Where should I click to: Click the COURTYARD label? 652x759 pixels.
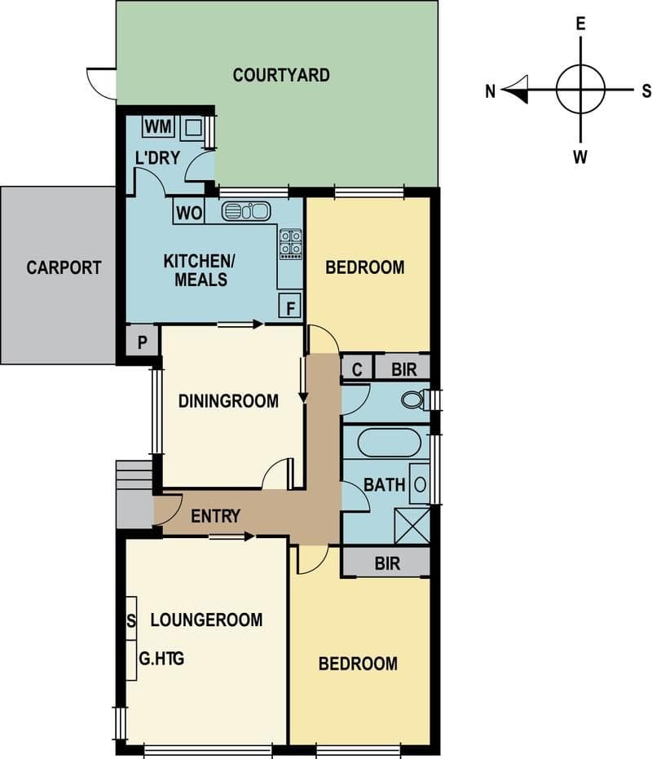pyautogui.click(x=281, y=75)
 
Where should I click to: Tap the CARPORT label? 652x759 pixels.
pyautogui.click(x=64, y=267)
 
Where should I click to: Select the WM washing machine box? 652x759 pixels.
pyautogui.click(x=158, y=127)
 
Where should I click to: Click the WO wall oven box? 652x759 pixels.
pyautogui.click(x=189, y=213)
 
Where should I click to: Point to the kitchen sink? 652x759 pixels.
pyautogui.click(x=246, y=211)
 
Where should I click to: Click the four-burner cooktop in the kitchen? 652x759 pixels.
pyautogui.click(x=290, y=244)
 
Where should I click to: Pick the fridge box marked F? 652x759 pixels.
pyautogui.click(x=290, y=306)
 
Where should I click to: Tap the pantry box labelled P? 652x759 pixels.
pyautogui.click(x=142, y=342)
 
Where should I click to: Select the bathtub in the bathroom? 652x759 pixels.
pyautogui.click(x=390, y=442)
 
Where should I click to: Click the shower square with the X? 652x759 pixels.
pyautogui.click(x=412, y=526)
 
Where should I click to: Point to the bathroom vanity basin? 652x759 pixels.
pyautogui.click(x=420, y=484)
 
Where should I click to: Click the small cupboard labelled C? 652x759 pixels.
pyautogui.click(x=357, y=368)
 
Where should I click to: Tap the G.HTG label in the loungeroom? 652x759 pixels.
pyautogui.click(x=161, y=659)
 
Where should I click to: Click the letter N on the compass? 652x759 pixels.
pyautogui.click(x=491, y=91)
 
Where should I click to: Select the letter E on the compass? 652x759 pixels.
pyautogui.click(x=580, y=24)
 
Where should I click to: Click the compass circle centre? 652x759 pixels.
pyautogui.click(x=580, y=90)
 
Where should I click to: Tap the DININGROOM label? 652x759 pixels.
pyautogui.click(x=228, y=401)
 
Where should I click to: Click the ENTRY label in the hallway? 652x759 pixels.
pyautogui.click(x=215, y=516)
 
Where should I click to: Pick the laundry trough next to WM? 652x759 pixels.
pyautogui.click(x=194, y=128)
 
